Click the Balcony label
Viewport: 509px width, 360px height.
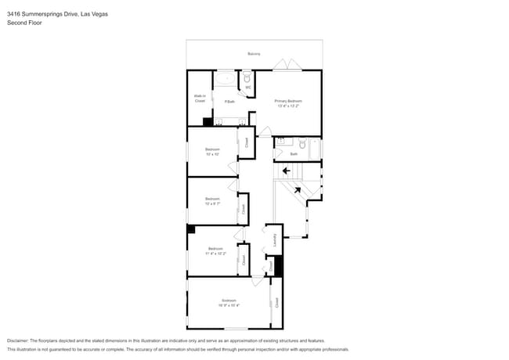[x=254, y=54]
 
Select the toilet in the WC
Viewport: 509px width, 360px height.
[x=247, y=79]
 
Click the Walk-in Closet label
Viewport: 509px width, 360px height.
[x=200, y=99]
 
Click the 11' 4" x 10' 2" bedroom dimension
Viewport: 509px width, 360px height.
[x=215, y=254]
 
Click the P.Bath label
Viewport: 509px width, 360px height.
[x=229, y=102]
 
